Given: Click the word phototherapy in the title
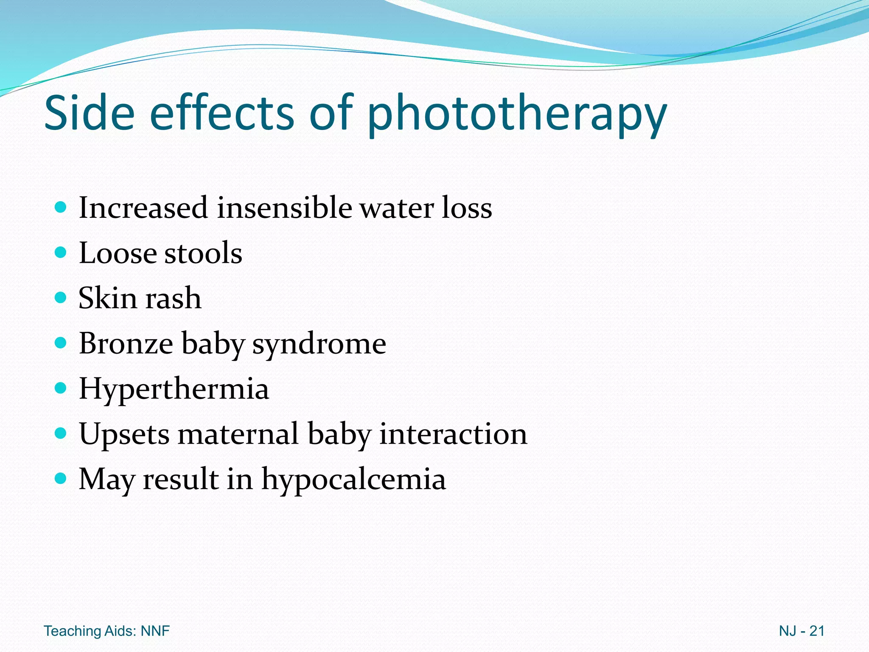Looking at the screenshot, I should pos(517,114).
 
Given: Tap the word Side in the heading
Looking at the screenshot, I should pos(89,112).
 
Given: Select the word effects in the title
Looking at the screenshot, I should pos(221,112).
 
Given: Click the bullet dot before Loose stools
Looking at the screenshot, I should pos(61,253).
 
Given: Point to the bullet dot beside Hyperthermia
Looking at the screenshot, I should pos(61,388).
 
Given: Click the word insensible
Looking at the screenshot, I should pos(284,208).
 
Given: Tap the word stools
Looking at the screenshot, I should pos(203,253).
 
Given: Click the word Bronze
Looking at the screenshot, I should pos(126,343).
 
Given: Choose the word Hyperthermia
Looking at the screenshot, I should pos(174,389).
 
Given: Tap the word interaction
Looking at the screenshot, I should pos(453,434).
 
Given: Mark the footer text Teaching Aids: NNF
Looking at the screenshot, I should pos(107,631).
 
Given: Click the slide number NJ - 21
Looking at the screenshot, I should pos(802,631).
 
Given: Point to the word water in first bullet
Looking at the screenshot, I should pos(397,208).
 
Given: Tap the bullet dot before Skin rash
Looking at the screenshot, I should pos(61,298).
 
